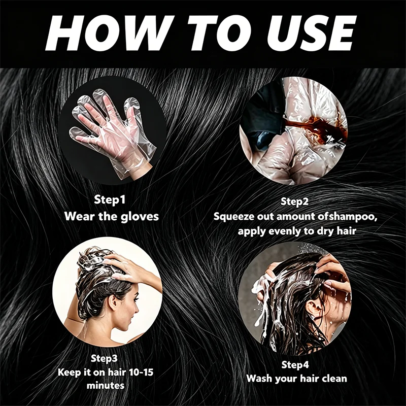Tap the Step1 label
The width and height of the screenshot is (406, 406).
[x=110, y=199]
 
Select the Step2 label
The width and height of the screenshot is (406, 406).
[x=295, y=201]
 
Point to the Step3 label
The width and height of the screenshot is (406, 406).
[x=104, y=358]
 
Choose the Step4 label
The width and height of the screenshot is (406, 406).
[x=295, y=364]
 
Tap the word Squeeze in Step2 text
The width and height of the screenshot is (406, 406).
[x=234, y=217]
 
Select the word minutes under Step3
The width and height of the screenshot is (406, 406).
[x=106, y=386]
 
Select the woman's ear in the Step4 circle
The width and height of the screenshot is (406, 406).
[x=311, y=308]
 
